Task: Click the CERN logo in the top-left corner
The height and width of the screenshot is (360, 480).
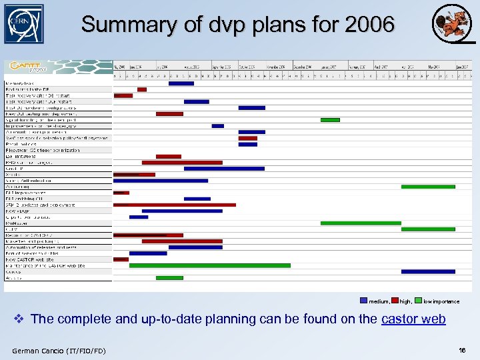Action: coord(23,24)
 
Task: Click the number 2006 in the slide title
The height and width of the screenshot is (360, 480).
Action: coord(370,25)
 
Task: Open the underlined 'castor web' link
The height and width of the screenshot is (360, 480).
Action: coord(413,319)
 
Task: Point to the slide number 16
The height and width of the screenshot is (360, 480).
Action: coord(462,350)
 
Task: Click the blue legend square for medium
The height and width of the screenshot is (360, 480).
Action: coord(363,301)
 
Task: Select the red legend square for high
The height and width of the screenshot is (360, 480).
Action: coord(395,301)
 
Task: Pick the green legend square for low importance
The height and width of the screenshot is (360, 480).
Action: coord(418,301)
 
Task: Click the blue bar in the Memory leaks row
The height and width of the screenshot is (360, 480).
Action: coord(181,83)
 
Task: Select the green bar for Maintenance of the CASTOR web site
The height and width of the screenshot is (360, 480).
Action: coord(210,265)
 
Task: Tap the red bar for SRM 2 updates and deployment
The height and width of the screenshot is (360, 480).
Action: coord(175,205)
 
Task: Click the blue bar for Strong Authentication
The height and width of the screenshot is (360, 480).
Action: coord(161,180)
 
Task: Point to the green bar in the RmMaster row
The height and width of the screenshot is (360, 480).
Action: coord(360,223)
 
